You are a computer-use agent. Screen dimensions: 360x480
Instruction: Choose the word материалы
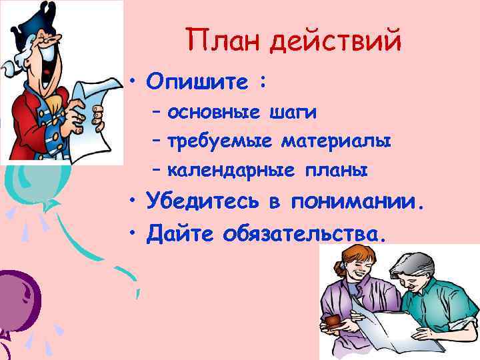[336, 141]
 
